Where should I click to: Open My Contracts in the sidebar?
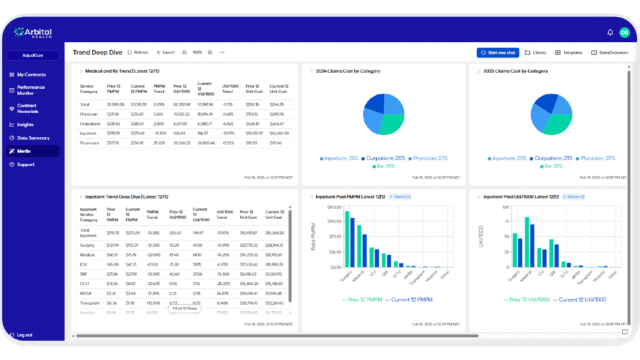(x=31, y=74)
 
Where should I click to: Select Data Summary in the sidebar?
(x=32, y=137)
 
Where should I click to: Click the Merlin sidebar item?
(x=24, y=151)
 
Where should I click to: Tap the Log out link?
(x=24, y=335)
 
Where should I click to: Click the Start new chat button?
(x=497, y=52)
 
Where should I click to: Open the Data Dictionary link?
(x=609, y=52)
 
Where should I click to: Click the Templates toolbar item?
(x=569, y=52)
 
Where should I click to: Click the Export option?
(x=166, y=52)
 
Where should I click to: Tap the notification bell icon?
(x=610, y=32)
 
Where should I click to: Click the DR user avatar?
(x=624, y=32)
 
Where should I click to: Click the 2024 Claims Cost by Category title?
(x=347, y=71)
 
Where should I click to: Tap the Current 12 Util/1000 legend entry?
(x=582, y=299)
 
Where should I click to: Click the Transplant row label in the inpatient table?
(x=90, y=302)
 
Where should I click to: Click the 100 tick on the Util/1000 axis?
(x=505, y=207)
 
